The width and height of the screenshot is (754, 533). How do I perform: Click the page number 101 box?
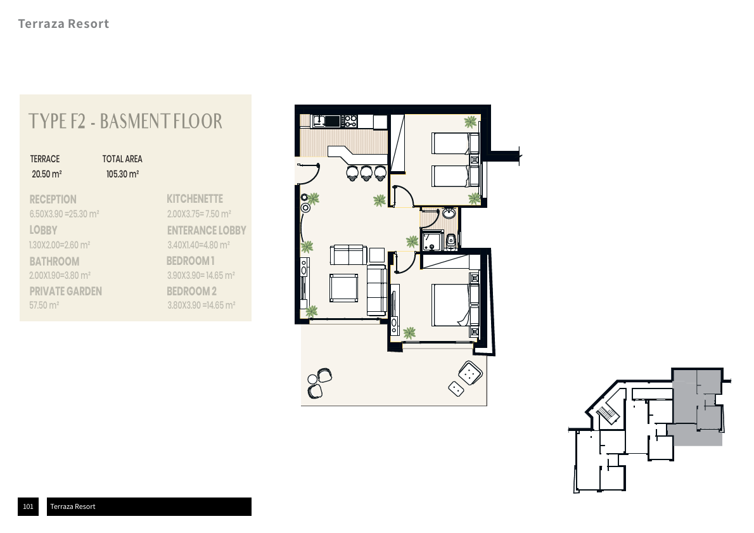pos(29,506)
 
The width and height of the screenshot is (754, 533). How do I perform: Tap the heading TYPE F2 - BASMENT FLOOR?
pos(125,121)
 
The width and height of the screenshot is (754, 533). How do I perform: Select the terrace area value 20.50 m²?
pos(47,174)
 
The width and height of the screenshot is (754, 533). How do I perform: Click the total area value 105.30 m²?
pos(123,174)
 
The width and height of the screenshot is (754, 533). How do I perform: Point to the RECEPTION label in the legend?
pos(53,200)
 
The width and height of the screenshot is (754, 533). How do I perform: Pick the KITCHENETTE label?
pos(195,199)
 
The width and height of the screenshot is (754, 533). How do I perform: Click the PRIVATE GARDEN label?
pos(65,292)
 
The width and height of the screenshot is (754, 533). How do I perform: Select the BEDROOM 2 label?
pos(191,292)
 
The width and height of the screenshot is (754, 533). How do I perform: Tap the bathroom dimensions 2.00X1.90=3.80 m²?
pos(60,276)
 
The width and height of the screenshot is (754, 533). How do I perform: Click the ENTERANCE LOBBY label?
pos(207,231)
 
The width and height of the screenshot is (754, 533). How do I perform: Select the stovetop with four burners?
pos(350,121)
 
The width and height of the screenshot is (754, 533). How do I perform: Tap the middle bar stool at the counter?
pos(366,172)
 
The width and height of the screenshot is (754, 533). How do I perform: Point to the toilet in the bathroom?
pos(451,241)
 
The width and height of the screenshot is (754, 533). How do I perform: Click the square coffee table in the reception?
pos(344,288)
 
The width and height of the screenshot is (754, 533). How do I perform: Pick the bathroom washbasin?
pos(449,212)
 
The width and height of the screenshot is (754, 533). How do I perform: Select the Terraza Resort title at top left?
pos(63,23)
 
